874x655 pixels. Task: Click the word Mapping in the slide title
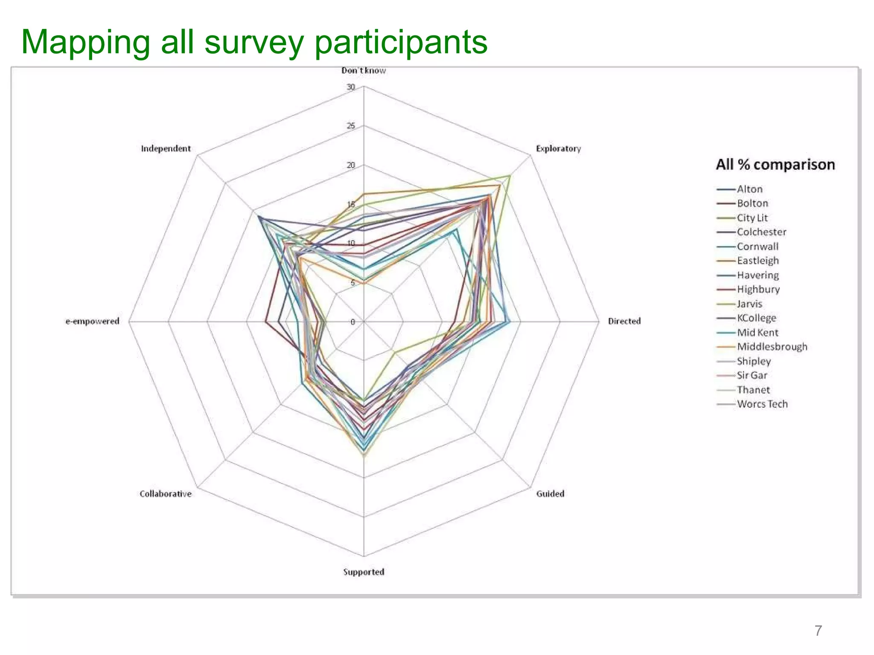point(85,43)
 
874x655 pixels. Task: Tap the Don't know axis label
point(363,71)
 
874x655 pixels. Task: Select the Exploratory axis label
point(558,149)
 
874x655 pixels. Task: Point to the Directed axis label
point(624,321)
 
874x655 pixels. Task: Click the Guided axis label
point(550,494)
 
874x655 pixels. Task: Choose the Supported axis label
point(364,572)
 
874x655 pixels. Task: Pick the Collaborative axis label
point(166,494)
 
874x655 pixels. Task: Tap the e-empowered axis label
point(92,321)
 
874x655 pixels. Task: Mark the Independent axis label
point(166,149)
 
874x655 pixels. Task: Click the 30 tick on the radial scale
point(351,87)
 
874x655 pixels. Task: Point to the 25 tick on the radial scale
point(351,126)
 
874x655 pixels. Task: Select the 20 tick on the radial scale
point(351,165)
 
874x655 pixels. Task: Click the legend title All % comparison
point(775,165)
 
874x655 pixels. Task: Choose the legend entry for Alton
point(749,189)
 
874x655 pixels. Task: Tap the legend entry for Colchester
point(761,232)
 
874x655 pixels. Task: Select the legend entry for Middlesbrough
point(772,347)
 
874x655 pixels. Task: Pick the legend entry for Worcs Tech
point(762,404)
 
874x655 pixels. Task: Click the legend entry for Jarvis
point(749,304)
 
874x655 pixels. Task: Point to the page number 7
point(818,630)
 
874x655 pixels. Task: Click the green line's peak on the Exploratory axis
point(510,175)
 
